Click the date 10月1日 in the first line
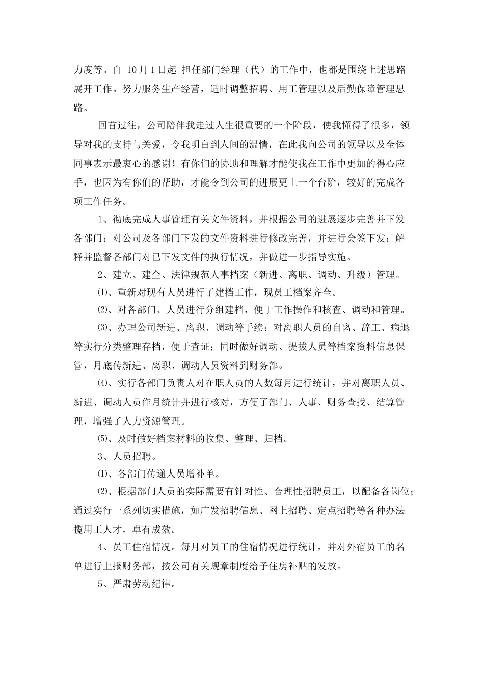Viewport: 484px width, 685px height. (x=147, y=70)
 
